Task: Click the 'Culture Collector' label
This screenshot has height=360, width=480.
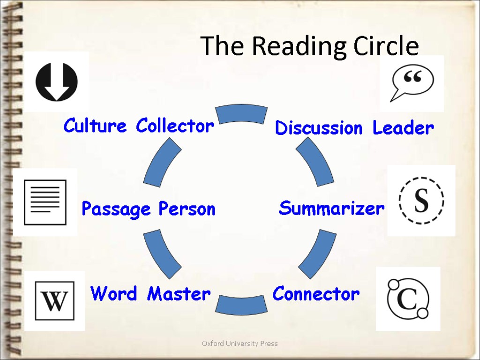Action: click(139, 126)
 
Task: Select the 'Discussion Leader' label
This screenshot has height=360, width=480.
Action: click(354, 127)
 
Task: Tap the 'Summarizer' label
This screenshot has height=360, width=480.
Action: click(331, 208)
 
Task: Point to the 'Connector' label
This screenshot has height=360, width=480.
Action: click(316, 294)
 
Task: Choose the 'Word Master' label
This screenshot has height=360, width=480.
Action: click(150, 294)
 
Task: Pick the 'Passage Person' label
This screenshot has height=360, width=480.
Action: click(148, 209)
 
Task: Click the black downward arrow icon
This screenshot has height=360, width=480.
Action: click(57, 82)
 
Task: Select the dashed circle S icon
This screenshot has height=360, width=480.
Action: click(421, 200)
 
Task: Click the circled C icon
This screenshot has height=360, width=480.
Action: click(408, 299)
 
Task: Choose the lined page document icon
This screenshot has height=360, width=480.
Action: click(45, 202)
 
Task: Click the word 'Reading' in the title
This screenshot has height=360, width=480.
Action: click(300, 46)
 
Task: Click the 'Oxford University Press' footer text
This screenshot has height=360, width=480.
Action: click(240, 344)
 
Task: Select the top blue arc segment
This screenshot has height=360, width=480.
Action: click(241, 113)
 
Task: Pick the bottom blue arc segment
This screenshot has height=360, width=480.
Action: click(241, 305)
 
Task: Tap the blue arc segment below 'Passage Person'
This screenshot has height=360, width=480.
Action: click(162, 253)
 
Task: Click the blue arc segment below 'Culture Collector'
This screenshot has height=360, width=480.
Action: click(162, 163)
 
